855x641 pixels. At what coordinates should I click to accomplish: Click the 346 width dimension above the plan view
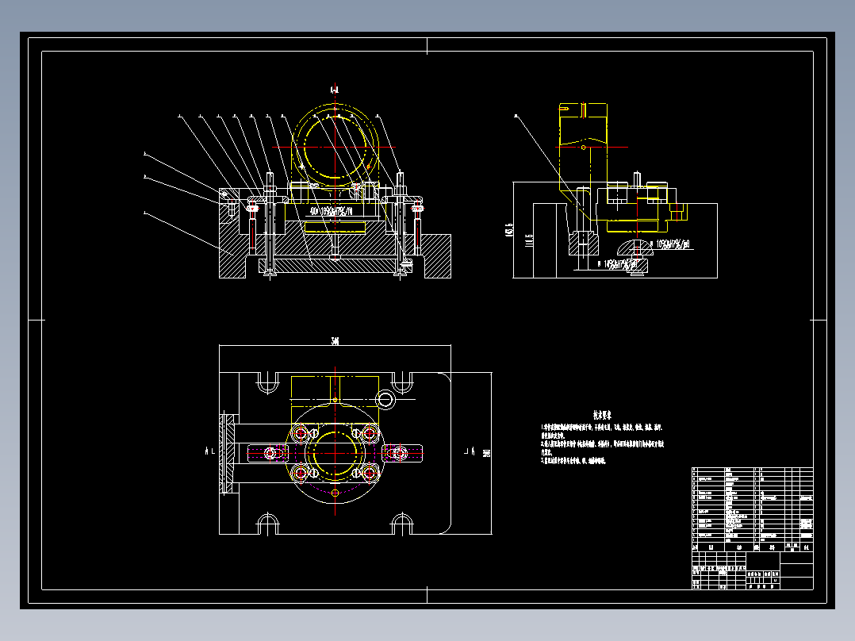[335, 341]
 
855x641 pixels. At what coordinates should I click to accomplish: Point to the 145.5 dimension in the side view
[508, 231]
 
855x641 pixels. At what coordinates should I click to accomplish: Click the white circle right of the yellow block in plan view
[385, 397]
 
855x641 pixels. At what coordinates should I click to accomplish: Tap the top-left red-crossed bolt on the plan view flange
[300, 433]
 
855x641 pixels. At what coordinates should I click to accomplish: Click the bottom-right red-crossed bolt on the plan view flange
[369, 473]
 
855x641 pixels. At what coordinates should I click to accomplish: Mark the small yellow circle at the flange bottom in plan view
[335, 493]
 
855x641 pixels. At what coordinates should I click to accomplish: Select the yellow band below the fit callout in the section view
[332, 227]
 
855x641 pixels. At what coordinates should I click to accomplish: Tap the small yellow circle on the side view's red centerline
[584, 147]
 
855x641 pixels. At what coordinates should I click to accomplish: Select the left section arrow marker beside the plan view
[210, 451]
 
